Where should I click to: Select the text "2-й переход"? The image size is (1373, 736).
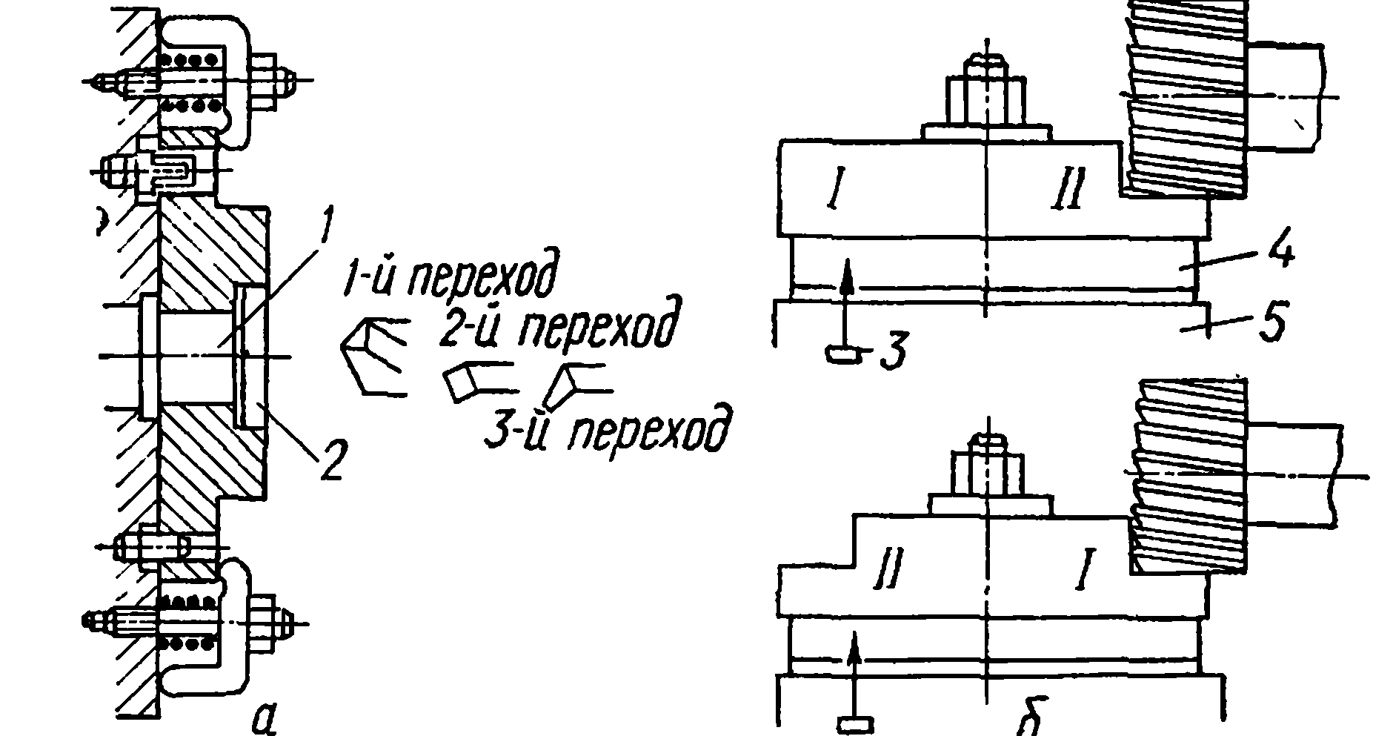pyautogui.click(x=556, y=326)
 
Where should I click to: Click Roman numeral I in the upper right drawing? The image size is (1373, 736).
pyautogui.click(x=835, y=190)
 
